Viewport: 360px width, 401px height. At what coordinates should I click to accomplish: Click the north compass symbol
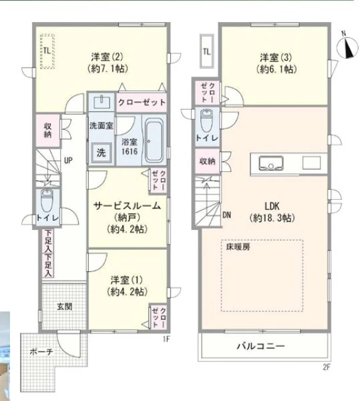click(347, 47)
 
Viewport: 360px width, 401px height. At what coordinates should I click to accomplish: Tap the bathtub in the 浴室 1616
click(154, 140)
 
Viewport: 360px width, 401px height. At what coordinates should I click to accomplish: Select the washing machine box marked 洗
click(101, 152)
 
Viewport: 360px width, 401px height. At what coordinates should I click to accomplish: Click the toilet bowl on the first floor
click(47, 200)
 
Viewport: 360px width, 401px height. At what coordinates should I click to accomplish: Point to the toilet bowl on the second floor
click(206, 120)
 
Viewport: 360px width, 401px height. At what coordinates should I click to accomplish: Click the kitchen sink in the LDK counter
click(271, 163)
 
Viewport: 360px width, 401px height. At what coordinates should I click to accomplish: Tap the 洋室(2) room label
click(108, 57)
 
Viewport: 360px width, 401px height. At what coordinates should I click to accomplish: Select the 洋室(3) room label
click(276, 57)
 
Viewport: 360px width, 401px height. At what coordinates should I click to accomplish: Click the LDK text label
click(272, 206)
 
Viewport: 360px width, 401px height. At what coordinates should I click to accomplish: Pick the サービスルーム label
click(127, 206)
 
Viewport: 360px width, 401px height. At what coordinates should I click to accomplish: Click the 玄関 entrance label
click(64, 306)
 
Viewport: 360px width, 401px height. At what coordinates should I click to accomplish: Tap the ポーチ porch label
click(41, 352)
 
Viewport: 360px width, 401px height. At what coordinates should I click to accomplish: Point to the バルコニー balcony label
click(260, 346)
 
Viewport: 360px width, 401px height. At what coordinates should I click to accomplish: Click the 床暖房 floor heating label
click(238, 247)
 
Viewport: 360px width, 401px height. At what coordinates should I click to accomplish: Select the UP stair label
click(68, 160)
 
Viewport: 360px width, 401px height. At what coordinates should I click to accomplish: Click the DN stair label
click(226, 215)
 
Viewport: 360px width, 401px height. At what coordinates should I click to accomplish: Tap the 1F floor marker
click(166, 339)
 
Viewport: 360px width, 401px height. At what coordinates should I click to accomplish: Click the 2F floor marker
click(327, 367)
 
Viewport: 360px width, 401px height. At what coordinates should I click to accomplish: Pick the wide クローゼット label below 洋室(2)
click(142, 102)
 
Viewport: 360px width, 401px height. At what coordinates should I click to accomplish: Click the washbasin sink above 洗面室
click(102, 102)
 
